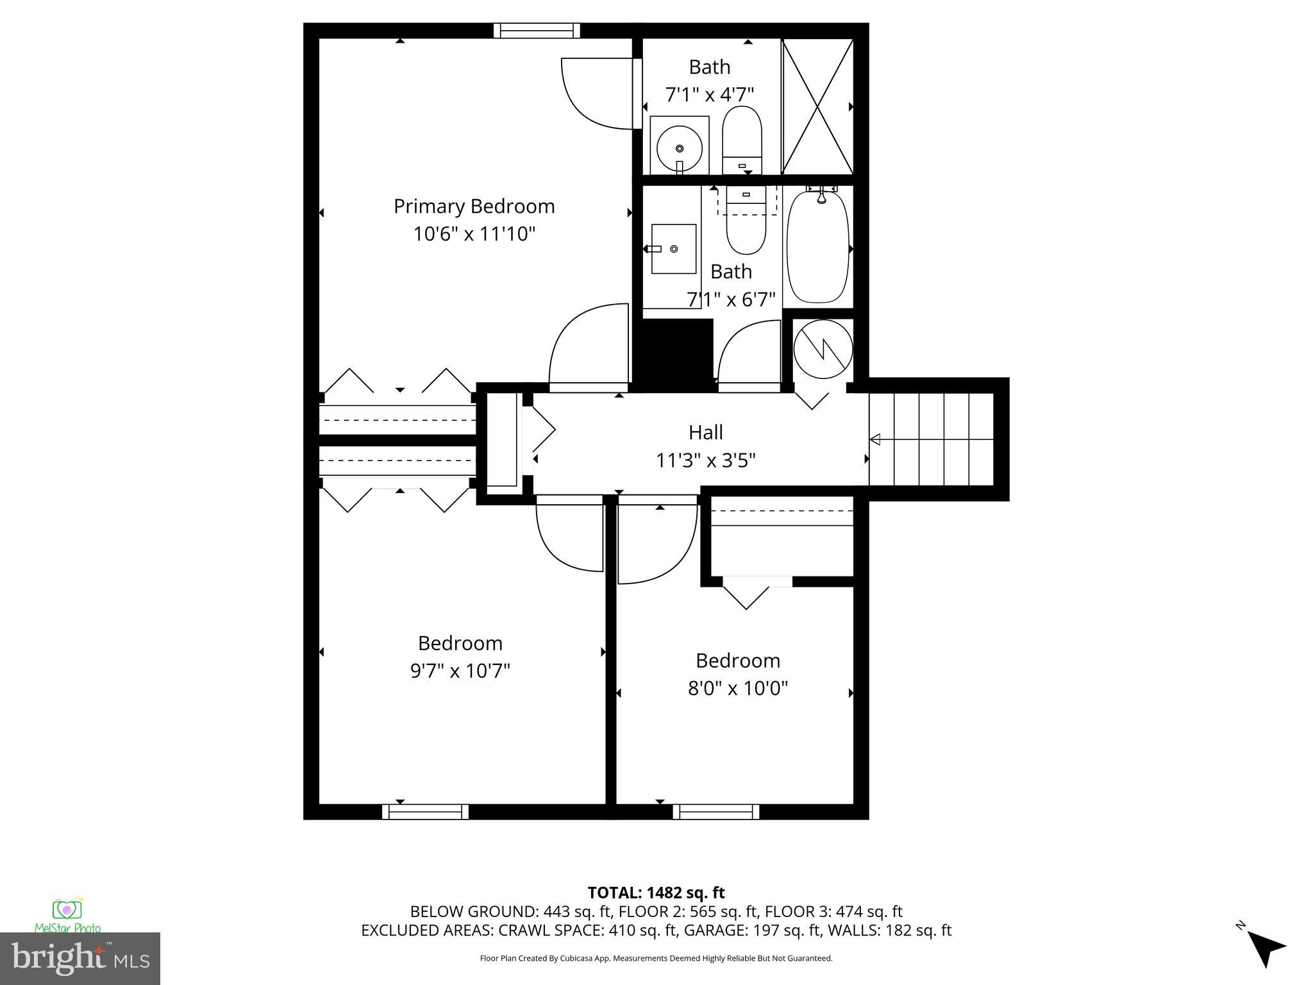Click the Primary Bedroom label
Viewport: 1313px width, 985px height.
coord(474,206)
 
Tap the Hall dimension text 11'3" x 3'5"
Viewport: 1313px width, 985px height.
coord(706,460)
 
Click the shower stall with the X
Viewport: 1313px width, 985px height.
coord(818,106)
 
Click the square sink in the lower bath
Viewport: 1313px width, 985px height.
coord(673,249)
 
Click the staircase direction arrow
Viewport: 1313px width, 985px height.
coord(876,439)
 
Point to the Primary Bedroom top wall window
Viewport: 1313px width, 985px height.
coord(537,31)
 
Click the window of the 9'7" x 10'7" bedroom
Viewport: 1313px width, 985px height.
coord(425,812)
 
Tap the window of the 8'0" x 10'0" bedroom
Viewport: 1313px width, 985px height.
coord(715,812)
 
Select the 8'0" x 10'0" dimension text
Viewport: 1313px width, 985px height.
coord(737,688)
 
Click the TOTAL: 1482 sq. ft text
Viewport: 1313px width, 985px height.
coord(656,893)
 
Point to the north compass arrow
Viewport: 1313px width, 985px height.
coord(1266,948)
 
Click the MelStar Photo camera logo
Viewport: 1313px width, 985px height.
coord(67,911)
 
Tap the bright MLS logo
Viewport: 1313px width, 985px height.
coord(80,958)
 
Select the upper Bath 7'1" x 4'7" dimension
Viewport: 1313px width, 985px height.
coord(709,95)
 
